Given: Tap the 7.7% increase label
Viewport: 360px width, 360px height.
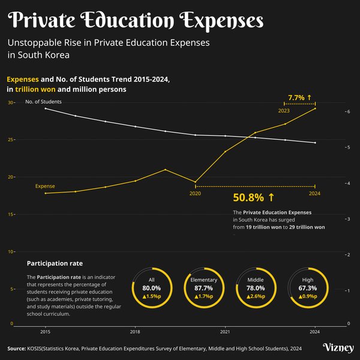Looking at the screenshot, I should [299, 97].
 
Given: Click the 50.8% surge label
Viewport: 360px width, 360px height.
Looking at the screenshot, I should [253, 197].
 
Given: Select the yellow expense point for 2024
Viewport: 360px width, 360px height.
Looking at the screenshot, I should [315, 108].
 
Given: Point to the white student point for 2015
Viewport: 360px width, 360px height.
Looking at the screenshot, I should [45, 109].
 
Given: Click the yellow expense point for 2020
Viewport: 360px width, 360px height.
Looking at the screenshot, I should [195, 182].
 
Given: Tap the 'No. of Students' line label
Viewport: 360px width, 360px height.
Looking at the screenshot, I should [43, 101].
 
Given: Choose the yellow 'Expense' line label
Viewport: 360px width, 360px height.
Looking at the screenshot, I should [45, 187].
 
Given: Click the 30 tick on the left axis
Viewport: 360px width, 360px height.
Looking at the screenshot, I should [10, 103].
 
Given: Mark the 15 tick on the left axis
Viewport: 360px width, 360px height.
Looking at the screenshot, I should [10, 214].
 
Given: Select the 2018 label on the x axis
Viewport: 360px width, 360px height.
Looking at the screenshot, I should [135, 331].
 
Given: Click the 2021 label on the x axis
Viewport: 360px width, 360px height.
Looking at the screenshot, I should [225, 331].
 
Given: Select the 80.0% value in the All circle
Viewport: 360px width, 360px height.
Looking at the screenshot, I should [152, 288].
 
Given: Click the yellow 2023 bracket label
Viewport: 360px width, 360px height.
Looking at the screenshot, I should [284, 111].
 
